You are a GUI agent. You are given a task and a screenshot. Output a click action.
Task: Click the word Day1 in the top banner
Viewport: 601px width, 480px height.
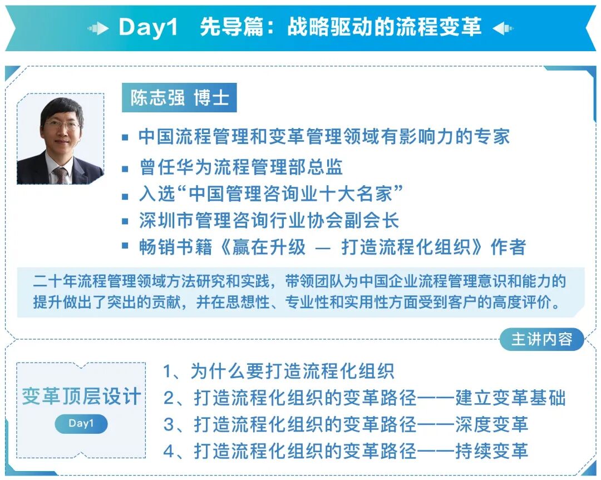coord(148,27)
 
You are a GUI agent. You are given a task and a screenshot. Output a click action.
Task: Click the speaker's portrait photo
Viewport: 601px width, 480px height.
coord(60,139)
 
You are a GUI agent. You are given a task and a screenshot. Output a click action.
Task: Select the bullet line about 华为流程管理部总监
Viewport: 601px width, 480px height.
coord(240,167)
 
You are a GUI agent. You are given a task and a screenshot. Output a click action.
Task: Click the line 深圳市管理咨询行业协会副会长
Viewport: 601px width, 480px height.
coord(269,221)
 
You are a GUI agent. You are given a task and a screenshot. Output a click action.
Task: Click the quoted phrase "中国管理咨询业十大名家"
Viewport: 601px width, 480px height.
coord(295,194)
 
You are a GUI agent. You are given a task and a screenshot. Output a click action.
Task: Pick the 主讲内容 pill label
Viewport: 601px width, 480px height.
coord(541,339)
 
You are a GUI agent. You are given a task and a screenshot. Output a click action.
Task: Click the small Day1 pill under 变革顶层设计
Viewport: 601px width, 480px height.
coord(81,424)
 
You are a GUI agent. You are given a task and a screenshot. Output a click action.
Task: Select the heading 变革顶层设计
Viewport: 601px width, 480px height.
coord(81,397)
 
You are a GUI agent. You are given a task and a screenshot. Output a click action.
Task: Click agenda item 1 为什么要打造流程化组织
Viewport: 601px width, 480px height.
coord(278,371)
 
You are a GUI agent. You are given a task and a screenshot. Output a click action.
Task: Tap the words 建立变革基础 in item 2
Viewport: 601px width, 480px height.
coord(510,398)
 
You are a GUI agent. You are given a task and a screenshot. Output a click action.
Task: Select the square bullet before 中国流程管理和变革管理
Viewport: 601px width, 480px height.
coord(126,137)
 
